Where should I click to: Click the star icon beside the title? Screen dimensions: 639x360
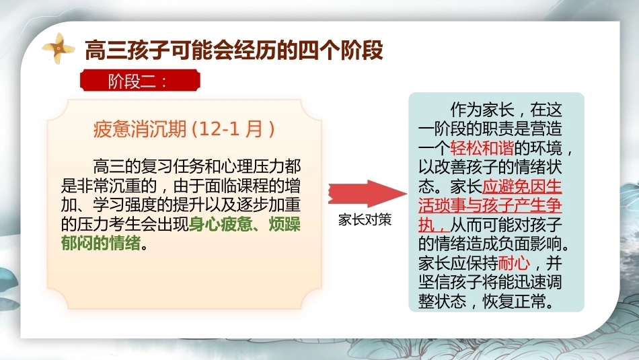point(59,48)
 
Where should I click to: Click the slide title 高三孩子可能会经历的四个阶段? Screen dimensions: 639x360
point(234,50)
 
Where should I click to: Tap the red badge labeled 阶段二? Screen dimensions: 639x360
point(140,80)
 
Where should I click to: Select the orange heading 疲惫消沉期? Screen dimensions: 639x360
point(140,129)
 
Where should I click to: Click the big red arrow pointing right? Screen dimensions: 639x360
point(367,193)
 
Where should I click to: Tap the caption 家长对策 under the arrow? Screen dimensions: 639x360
point(365,220)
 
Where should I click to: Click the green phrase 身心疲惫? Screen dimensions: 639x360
point(221,224)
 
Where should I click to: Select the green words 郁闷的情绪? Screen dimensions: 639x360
point(101,244)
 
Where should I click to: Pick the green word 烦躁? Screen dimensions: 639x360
point(285,224)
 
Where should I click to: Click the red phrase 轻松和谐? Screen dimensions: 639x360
point(482,148)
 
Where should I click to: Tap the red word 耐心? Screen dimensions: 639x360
point(514,263)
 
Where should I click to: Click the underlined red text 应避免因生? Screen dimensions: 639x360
point(522,186)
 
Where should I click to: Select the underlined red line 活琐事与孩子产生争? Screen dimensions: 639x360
point(490,205)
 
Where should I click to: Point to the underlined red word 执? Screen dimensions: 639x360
point(426,225)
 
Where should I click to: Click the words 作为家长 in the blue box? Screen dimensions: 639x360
point(482,110)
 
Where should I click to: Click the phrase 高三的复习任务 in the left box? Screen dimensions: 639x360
point(149,167)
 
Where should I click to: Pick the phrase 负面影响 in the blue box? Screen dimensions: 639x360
point(530,244)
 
